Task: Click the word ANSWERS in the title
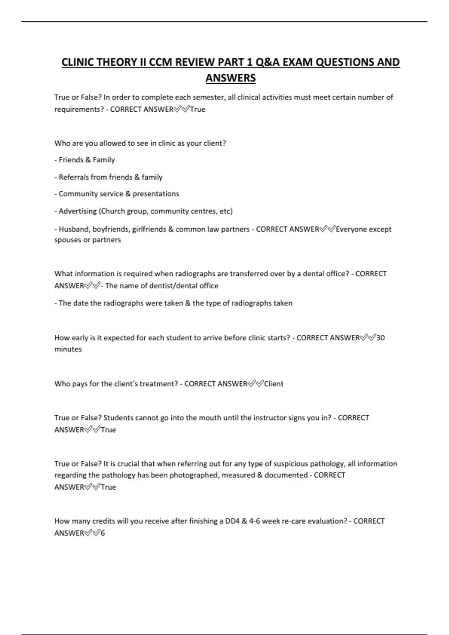[230, 78]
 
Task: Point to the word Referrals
[74, 177]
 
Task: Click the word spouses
[68, 240]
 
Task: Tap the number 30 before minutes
[380, 338]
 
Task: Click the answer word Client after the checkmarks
[274, 384]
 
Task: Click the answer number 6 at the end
[103, 533]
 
